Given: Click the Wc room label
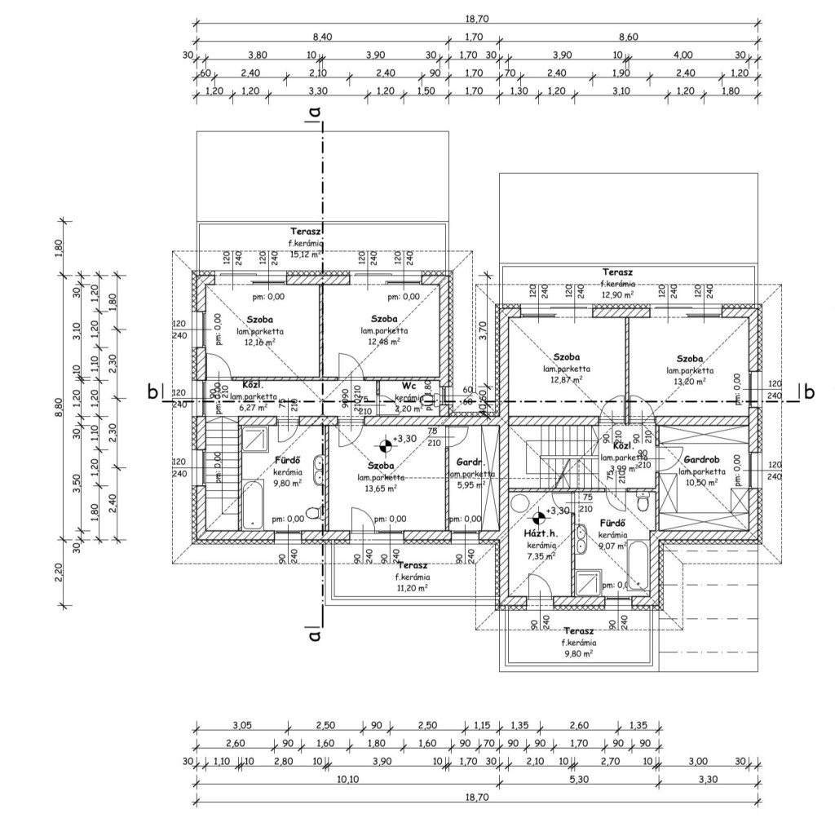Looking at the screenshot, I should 409,386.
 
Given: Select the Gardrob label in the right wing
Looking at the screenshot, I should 701,460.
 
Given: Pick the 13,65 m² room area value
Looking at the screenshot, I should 382,489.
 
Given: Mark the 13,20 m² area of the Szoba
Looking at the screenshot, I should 690,380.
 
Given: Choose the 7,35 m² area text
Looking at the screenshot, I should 541,556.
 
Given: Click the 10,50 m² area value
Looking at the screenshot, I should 701,482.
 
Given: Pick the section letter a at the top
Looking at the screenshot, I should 313,110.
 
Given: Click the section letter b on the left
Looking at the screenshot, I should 152,392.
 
